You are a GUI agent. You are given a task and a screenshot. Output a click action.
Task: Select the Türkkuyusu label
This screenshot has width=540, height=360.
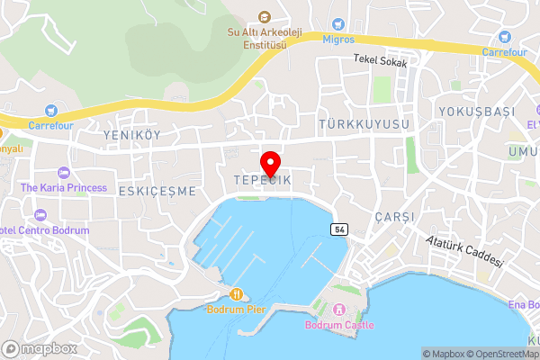pyautogui.click(x=364, y=122)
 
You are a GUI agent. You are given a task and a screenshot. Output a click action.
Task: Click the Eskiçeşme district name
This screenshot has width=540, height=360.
pyautogui.click(x=157, y=191)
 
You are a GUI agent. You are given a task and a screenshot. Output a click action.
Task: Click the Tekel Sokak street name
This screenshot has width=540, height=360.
pyautogui.click(x=380, y=63)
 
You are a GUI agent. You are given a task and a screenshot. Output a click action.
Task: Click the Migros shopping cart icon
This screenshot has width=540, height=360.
pyautogui.click(x=338, y=23)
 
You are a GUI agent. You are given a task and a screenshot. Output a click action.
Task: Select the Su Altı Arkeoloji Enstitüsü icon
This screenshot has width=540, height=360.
pyautogui.click(x=265, y=17)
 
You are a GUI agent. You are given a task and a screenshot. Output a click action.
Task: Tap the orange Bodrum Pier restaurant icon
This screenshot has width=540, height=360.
pyautogui.click(x=236, y=293)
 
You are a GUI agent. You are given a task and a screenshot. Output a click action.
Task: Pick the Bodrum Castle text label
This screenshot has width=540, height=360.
pyautogui.click(x=339, y=325)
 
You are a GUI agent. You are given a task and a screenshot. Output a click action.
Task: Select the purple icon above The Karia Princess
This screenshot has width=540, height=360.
pyautogui.click(x=63, y=172)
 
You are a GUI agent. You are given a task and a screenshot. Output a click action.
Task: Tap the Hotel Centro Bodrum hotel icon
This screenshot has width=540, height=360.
pyautogui.click(x=40, y=215)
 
